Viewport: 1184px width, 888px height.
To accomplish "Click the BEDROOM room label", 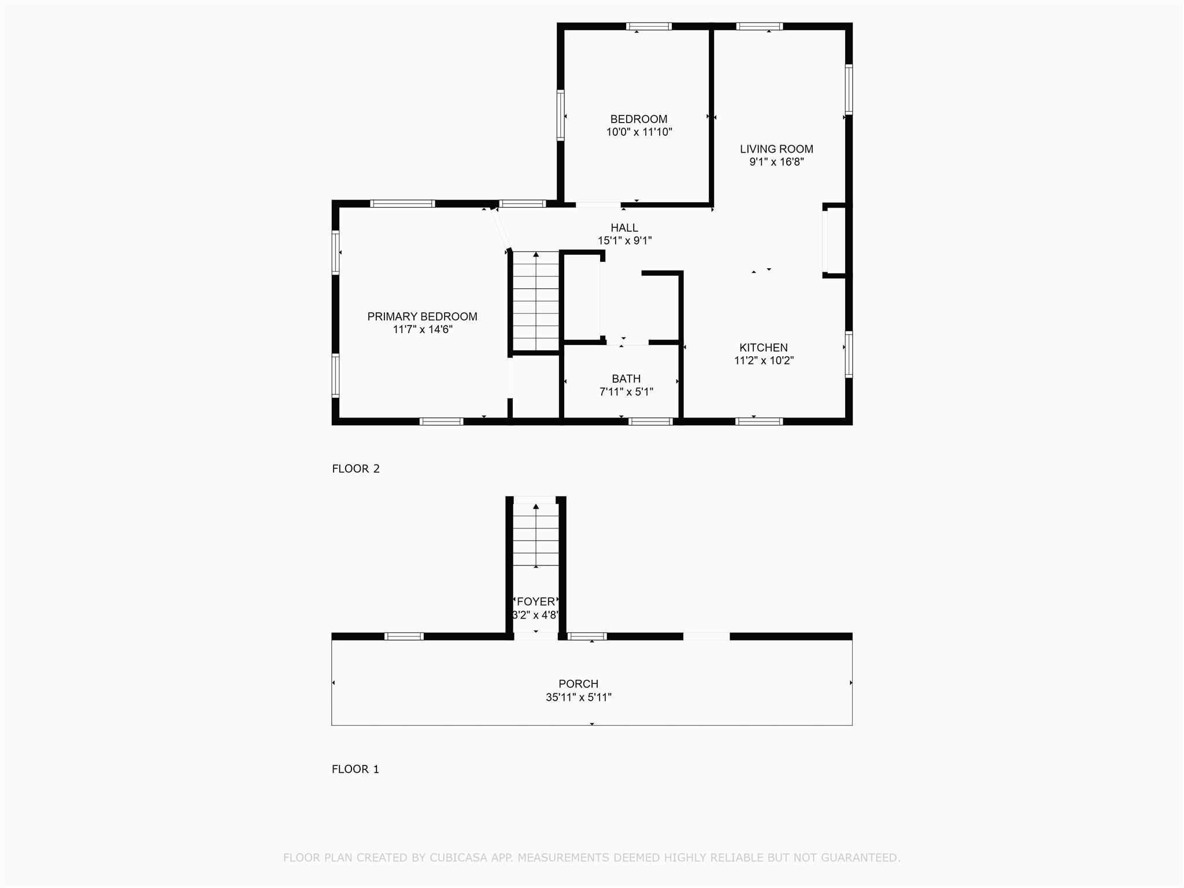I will coord(638,119).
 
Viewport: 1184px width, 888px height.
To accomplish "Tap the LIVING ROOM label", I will coord(776,149).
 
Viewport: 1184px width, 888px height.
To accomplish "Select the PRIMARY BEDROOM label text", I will coord(422,316).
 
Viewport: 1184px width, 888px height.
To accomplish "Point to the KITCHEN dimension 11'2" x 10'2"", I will coord(763,361).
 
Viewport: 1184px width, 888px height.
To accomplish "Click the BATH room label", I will coord(626,379).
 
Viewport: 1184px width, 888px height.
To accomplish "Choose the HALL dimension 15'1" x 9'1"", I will coord(624,240).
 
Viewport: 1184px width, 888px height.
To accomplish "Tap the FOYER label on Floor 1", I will coord(536,601).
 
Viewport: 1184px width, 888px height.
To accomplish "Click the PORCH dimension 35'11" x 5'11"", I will coord(578,697).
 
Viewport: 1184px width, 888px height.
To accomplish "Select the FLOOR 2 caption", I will coord(356,469).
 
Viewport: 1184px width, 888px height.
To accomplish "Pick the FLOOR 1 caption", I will coord(355,769).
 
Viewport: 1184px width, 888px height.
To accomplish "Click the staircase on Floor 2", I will coord(536,301).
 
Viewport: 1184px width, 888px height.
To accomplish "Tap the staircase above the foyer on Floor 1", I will coord(536,535).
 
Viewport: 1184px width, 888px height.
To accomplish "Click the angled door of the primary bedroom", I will coord(501,229).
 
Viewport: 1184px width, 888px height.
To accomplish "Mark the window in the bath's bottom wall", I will coord(650,421).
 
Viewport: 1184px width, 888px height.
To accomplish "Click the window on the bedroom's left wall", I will coord(560,115).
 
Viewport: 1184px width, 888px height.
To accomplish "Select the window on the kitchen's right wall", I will coord(848,354).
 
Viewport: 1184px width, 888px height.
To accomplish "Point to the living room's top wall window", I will coord(759,26).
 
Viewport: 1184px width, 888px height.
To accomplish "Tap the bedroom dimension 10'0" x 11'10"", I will coord(638,132).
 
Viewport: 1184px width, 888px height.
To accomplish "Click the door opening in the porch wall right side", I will coord(706,637).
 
